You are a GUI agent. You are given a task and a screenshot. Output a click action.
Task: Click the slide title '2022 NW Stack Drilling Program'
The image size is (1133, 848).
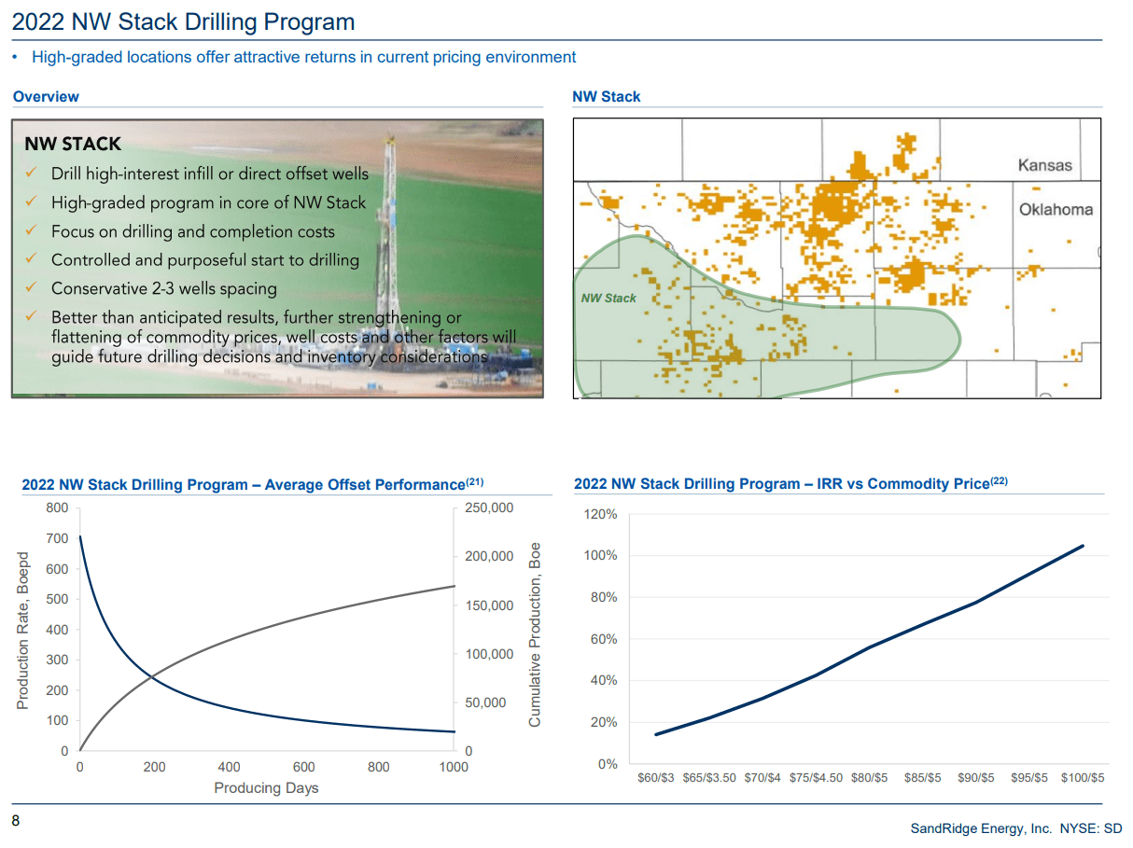[183, 21]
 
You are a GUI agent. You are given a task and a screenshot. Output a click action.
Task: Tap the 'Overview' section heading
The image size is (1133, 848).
[46, 97]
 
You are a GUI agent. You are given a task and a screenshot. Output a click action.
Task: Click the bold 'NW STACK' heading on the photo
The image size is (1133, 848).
[73, 144]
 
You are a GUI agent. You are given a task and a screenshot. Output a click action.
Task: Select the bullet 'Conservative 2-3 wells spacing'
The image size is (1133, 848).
[163, 288]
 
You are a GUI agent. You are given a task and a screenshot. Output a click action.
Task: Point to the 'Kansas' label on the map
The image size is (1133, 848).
[1044, 165]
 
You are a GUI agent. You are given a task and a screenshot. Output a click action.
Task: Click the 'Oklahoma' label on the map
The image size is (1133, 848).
[1055, 209]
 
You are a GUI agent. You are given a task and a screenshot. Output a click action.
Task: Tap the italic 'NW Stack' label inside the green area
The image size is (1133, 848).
[608, 298]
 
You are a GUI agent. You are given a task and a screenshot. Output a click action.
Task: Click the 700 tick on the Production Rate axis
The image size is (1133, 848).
[57, 538]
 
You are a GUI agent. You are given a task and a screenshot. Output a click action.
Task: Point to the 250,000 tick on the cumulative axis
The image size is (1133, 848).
[489, 507]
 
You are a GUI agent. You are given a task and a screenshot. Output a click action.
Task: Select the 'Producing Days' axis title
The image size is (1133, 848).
[266, 788]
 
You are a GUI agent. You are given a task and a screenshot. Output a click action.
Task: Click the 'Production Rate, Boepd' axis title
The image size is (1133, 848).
[23, 630]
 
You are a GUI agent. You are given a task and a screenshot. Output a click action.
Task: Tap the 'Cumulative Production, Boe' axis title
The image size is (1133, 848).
[535, 634]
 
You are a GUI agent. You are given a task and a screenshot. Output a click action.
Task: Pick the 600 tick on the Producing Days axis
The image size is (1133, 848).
[303, 767]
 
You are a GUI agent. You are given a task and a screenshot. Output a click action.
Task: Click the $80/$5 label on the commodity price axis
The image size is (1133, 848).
[869, 777]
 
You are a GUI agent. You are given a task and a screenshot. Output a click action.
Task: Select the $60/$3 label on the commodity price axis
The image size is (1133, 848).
[655, 777]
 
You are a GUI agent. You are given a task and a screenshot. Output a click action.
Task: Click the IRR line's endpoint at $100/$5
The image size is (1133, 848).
[1083, 546]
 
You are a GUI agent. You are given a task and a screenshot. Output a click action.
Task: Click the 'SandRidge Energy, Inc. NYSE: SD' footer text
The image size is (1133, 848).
[1015, 828]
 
